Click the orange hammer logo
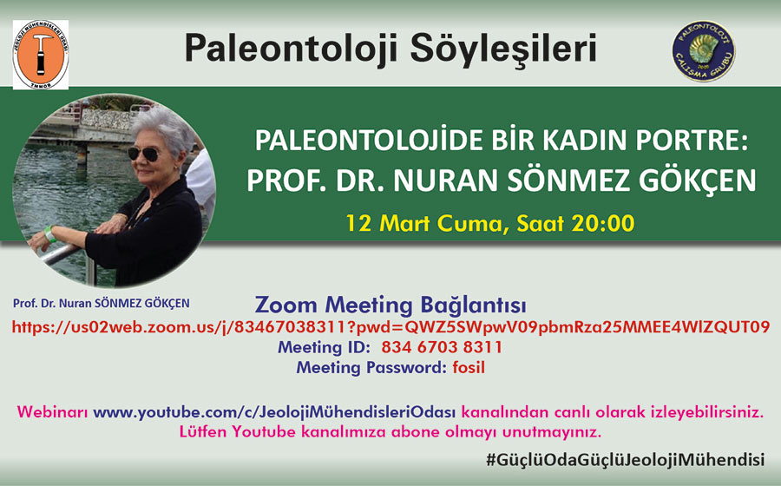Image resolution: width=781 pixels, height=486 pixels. point(41,55)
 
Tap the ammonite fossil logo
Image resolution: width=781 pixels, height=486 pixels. point(703,51)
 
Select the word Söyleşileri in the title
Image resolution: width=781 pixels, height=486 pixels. point(503,49)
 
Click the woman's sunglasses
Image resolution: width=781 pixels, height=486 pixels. point(143,154)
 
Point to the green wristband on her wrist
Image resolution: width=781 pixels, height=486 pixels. point(49,233)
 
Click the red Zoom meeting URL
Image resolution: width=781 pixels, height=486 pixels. point(391,327)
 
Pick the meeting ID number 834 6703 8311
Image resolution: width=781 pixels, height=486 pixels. point(442,347)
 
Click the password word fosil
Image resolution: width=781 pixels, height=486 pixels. point(469,367)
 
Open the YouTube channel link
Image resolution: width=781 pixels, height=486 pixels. point(274,412)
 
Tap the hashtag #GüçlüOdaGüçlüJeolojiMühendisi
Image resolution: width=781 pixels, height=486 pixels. point(626,460)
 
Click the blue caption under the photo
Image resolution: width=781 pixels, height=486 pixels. point(102,303)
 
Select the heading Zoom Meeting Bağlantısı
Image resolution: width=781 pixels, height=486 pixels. point(390,305)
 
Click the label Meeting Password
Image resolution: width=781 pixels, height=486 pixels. point(371,367)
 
